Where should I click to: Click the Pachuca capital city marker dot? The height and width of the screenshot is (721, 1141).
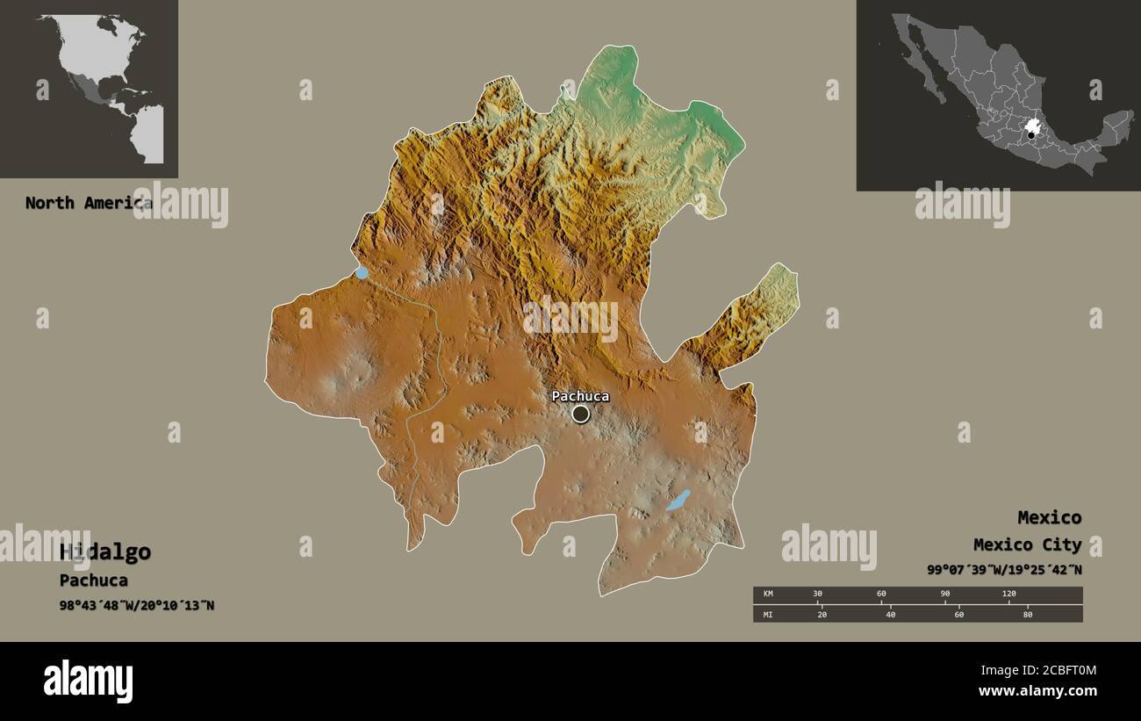pos(580,414)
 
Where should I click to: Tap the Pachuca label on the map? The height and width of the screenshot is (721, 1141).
pos(580,396)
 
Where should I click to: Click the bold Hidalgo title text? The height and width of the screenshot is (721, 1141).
pos(105,552)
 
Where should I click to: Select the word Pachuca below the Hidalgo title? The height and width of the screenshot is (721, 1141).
pos(94,580)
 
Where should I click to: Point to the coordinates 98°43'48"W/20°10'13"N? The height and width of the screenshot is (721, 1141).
pos(137,605)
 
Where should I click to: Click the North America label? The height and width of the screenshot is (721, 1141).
pos(88,203)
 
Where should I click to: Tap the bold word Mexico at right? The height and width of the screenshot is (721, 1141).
pos(1049,517)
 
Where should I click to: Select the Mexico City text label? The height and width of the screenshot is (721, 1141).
pos(1027,545)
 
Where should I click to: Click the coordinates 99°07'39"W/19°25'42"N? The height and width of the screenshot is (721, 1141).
pos(1004,570)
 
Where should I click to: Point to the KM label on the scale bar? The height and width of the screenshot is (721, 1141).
pos(768,595)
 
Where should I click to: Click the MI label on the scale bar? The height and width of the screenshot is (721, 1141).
pos(768,614)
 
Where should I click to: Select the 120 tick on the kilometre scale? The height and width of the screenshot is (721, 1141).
pos(1008,595)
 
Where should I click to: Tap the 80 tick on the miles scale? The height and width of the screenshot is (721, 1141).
pos(1027,614)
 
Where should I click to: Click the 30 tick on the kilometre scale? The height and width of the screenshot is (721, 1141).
pos(817,595)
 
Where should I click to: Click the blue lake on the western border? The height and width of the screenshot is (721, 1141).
pos(362,273)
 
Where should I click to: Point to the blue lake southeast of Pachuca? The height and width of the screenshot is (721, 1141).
pos(678,501)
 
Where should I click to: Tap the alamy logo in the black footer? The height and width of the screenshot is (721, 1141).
pos(89,681)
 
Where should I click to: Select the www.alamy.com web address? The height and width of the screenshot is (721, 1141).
pos(1037,692)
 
